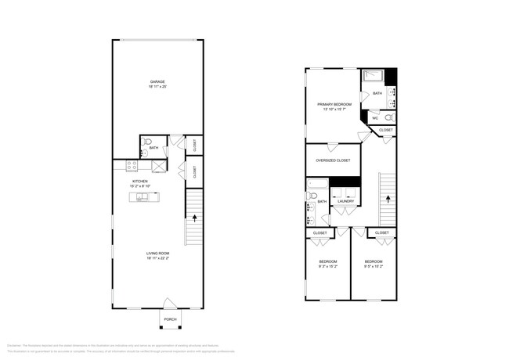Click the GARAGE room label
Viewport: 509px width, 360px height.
[157, 84]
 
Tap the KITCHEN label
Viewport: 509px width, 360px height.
[139, 182]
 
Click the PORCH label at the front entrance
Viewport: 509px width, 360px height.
[170, 319]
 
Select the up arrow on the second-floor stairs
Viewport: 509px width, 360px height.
[388, 198]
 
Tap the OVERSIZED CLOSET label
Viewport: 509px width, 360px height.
[333, 160]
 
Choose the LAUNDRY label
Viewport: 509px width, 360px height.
[345, 201]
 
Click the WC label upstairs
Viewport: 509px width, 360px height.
[375, 118]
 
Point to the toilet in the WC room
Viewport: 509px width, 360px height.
[391, 118]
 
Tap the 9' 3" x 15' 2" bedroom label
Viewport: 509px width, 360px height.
[327, 264]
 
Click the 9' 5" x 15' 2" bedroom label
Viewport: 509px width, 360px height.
[374, 264]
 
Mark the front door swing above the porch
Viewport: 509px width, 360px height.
[170, 303]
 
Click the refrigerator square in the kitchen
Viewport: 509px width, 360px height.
[159, 166]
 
